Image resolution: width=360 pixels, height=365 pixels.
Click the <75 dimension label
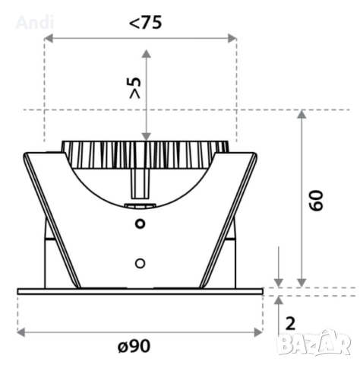145,22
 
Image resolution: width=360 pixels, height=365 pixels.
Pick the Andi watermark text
35,23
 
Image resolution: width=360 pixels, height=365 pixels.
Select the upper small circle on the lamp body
139,223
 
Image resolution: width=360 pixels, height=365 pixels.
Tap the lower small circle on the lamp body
139,262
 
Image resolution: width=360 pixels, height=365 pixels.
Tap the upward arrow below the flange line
279,300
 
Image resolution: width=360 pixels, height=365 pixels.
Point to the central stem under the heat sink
139,182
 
